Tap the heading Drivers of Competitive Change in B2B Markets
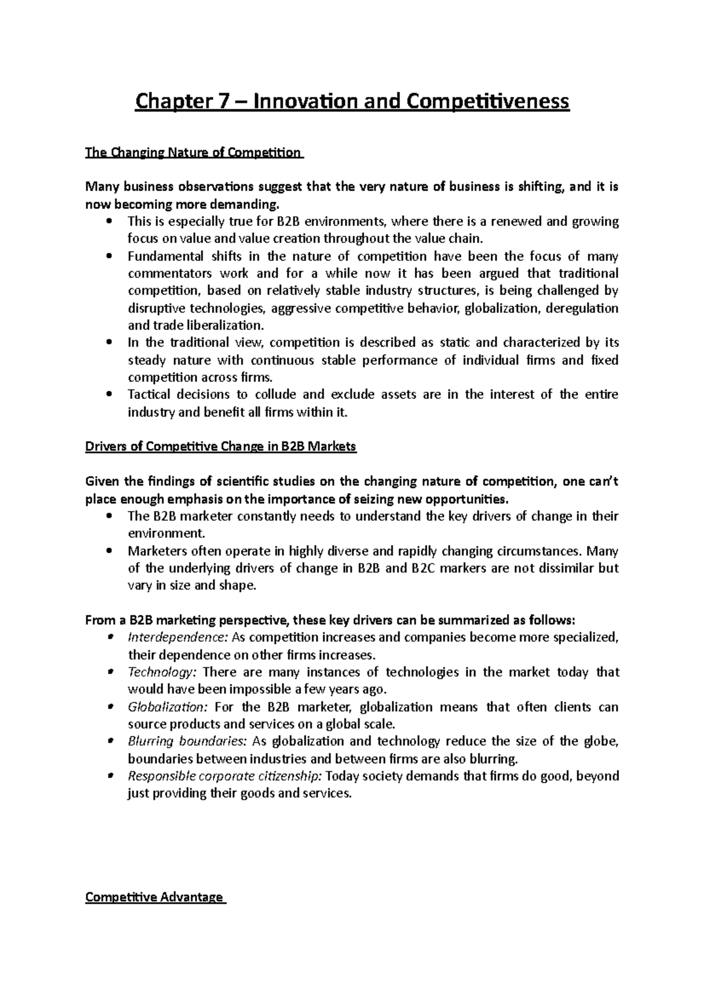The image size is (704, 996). [221, 446]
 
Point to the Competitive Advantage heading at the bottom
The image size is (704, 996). [154, 897]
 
